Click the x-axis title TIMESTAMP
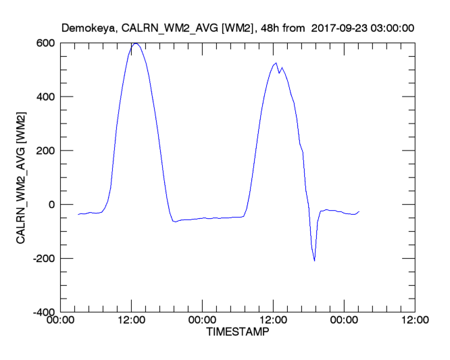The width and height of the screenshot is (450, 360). click(x=236, y=333)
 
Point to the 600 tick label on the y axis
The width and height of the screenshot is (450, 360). click(x=47, y=43)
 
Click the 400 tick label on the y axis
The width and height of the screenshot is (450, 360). click(x=47, y=97)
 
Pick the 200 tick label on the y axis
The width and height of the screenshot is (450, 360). click(x=47, y=151)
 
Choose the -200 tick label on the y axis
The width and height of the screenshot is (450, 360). click(x=45, y=259)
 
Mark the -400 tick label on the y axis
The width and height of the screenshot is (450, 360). click(x=45, y=312)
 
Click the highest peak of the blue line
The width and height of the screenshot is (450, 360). click(x=136, y=43)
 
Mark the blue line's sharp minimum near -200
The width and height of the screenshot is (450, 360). click(x=314, y=261)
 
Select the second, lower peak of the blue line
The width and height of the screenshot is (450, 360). click(x=276, y=63)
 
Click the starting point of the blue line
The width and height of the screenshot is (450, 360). click(x=78, y=214)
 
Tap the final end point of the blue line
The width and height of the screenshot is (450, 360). click(x=359, y=211)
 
